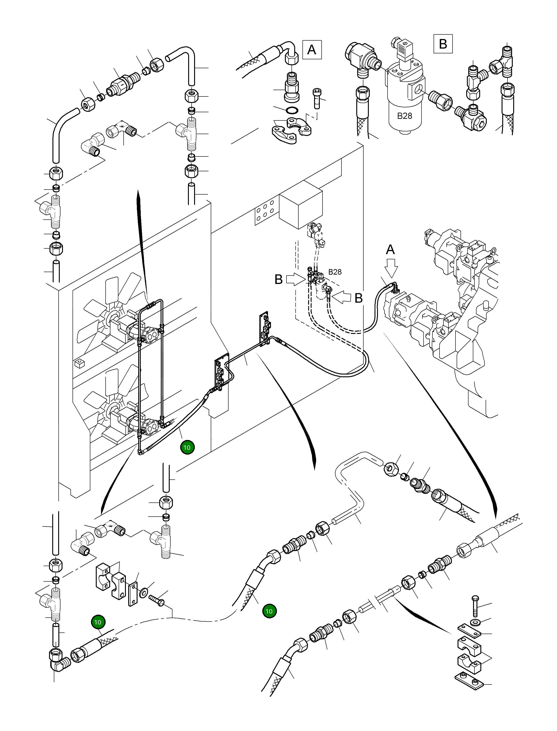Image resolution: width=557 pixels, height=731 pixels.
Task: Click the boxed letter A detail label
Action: [312, 50]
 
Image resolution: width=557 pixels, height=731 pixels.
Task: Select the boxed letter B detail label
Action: [443, 44]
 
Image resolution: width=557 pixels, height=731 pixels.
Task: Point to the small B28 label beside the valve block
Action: [335, 272]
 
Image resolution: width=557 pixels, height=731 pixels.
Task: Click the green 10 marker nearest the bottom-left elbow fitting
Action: [97, 622]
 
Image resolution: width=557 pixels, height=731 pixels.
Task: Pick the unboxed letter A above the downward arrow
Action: [390, 249]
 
